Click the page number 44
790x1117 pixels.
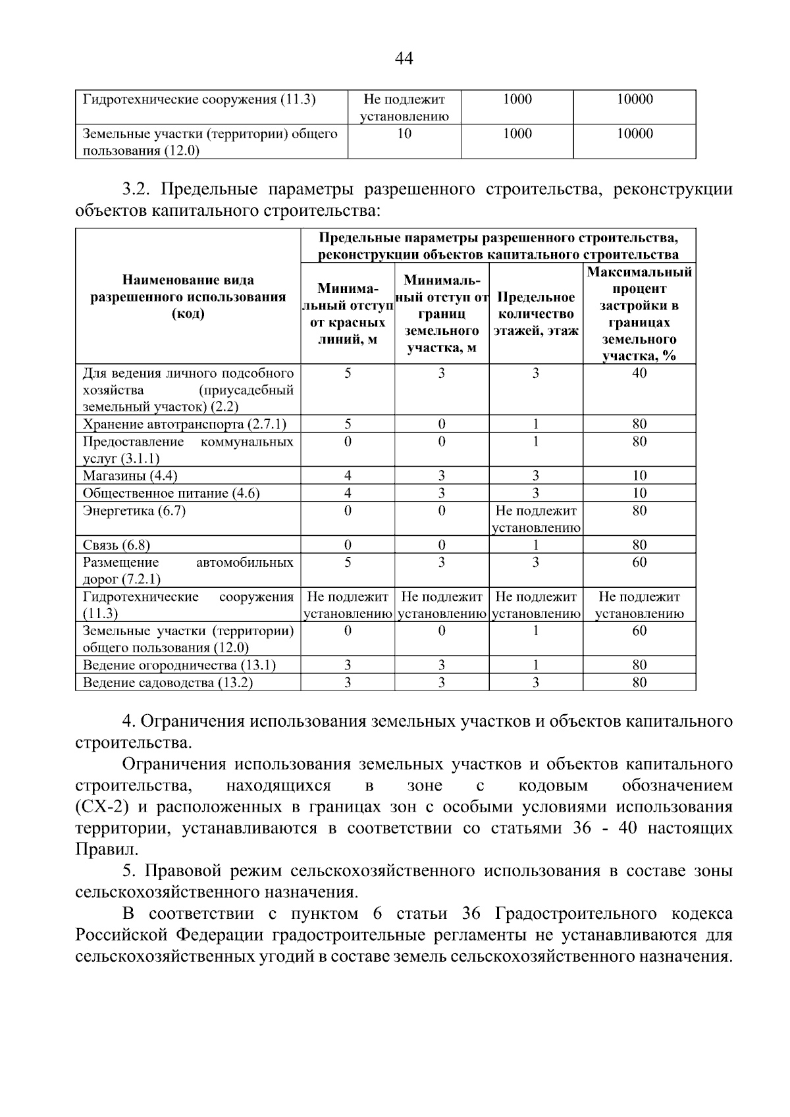[x=404, y=59]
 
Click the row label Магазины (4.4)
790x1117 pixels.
[x=130, y=475]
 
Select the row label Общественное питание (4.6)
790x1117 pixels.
[x=171, y=493]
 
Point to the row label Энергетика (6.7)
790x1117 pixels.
[x=134, y=511]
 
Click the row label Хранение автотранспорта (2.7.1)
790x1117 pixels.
[x=184, y=424]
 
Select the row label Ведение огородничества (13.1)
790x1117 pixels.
[x=179, y=665]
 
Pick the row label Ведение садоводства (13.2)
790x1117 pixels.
[x=168, y=683]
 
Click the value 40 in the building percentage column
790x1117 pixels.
[x=639, y=373]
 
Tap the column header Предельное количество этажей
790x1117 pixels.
[x=536, y=314]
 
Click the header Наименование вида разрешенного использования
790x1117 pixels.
[x=188, y=297]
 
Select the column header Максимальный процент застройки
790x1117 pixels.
[x=639, y=314]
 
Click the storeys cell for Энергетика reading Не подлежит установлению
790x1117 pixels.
[x=536, y=519]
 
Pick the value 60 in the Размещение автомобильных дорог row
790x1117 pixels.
[x=639, y=562]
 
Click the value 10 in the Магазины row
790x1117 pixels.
[x=639, y=475]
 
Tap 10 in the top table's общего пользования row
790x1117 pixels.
[x=404, y=134]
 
